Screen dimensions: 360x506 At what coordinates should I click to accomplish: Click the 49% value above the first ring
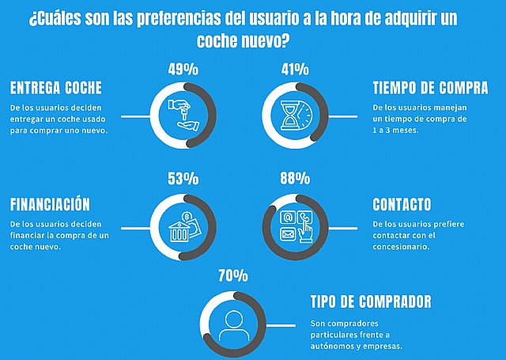[x=183, y=69]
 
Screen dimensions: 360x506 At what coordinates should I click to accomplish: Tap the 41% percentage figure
[x=294, y=69]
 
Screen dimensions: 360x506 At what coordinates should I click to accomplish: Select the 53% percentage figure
[x=183, y=178]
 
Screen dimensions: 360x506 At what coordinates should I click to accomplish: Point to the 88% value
[x=294, y=178]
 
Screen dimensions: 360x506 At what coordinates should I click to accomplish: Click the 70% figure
[x=233, y=276]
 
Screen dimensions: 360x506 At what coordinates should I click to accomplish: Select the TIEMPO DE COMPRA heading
[x=430, y=87]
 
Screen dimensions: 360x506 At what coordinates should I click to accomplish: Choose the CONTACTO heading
[x=402, y=204]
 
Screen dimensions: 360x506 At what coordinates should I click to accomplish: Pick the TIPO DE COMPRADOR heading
[x=371, y=301]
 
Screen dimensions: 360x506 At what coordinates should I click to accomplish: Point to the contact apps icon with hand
[x=294, y=225]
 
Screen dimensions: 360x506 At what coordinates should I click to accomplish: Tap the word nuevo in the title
[x=271, y=40]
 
